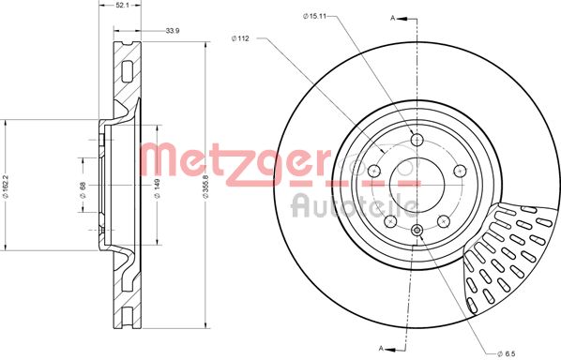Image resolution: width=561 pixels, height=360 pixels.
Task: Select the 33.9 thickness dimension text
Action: point(172,31)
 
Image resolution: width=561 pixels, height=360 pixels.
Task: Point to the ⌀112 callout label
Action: point(240,38)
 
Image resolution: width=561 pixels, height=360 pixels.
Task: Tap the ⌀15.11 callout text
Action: point(315,16)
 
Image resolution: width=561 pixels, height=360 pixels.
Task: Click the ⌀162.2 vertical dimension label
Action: point(5,186)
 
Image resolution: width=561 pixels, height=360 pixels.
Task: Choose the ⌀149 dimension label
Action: point(157,188)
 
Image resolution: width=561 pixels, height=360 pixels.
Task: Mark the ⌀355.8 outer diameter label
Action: point(205,186)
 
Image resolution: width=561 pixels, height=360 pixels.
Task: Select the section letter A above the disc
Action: point(392,18)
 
